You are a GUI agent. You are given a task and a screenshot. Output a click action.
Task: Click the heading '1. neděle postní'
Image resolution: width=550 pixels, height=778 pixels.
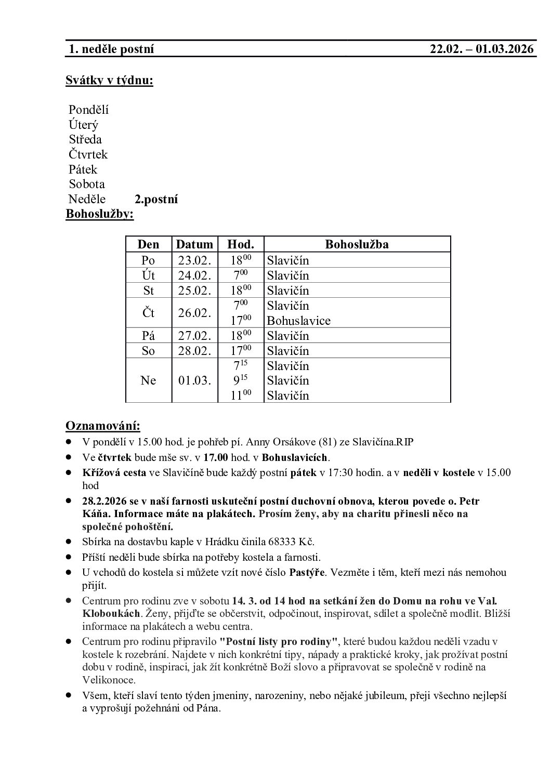tap(112, 49)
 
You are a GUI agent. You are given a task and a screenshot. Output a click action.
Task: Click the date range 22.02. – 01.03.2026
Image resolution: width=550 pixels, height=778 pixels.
tap(482, 49)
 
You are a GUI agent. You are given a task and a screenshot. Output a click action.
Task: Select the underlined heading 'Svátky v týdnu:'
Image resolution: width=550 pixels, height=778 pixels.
tap(109, 81)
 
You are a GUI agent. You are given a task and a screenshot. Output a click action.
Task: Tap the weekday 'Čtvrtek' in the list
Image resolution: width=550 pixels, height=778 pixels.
tap(88, 154)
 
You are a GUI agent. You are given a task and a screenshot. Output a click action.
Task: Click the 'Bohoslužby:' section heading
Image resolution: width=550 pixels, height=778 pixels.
tap(99, 214)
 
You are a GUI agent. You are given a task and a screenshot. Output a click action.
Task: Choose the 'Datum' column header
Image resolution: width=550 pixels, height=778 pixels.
tap(194, 244)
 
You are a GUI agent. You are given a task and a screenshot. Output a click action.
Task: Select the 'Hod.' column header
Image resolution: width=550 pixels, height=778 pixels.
tap(241, 244)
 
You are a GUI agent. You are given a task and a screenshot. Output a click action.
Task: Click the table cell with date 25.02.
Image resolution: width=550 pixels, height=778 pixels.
tap(194, 290)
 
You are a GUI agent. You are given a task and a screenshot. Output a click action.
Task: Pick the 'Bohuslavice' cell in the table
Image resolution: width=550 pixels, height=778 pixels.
tap(298, 321)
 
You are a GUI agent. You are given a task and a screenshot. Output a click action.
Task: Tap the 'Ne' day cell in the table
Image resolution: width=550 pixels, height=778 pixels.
tap(148, 380)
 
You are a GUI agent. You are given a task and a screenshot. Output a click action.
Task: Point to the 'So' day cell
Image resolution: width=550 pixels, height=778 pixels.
tap(148, 351)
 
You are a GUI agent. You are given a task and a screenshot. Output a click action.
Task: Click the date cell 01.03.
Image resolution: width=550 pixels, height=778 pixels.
tap(194, 380)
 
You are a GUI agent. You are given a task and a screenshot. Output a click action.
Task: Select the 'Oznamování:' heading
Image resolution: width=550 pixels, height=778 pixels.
tap(102, 426)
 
